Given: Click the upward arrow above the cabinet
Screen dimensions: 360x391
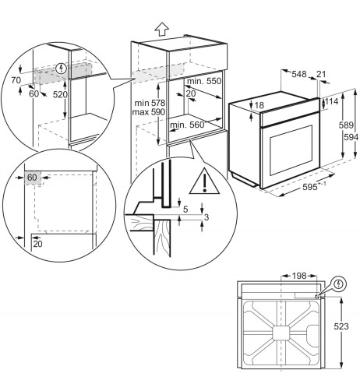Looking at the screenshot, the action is pos(162,29).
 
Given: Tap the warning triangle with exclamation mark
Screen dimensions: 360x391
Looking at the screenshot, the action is pos(204,181).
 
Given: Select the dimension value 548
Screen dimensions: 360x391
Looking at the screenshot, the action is pos(299,74).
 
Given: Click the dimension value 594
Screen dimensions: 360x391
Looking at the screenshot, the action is pos(351,137).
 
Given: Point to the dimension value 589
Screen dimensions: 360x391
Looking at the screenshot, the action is pos(346,125).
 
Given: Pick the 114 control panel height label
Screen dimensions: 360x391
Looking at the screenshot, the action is pos(331,101).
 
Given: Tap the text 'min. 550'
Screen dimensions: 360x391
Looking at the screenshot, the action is pos(204,81).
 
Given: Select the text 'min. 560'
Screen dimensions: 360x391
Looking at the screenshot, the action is pos(187,125).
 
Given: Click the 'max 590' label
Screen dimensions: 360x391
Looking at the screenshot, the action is pos(149,112).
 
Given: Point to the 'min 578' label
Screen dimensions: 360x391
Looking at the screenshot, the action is pos(150,103).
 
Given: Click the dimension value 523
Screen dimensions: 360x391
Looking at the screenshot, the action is pos(341,326).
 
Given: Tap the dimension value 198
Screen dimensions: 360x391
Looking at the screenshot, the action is pos(299,276).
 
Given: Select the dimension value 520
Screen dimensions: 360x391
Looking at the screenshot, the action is pos(60,94).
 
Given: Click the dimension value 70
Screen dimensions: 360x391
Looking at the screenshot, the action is pos(16,80).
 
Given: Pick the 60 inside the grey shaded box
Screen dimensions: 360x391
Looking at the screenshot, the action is pos(32,178).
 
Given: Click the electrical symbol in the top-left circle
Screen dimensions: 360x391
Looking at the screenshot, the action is pos(62,69).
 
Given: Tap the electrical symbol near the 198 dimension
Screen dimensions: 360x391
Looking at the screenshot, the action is pos(338,284).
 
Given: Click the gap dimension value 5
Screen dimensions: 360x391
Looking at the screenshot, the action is pos(185,210).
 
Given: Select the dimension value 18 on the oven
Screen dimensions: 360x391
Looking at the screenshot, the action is pos(259,105).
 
